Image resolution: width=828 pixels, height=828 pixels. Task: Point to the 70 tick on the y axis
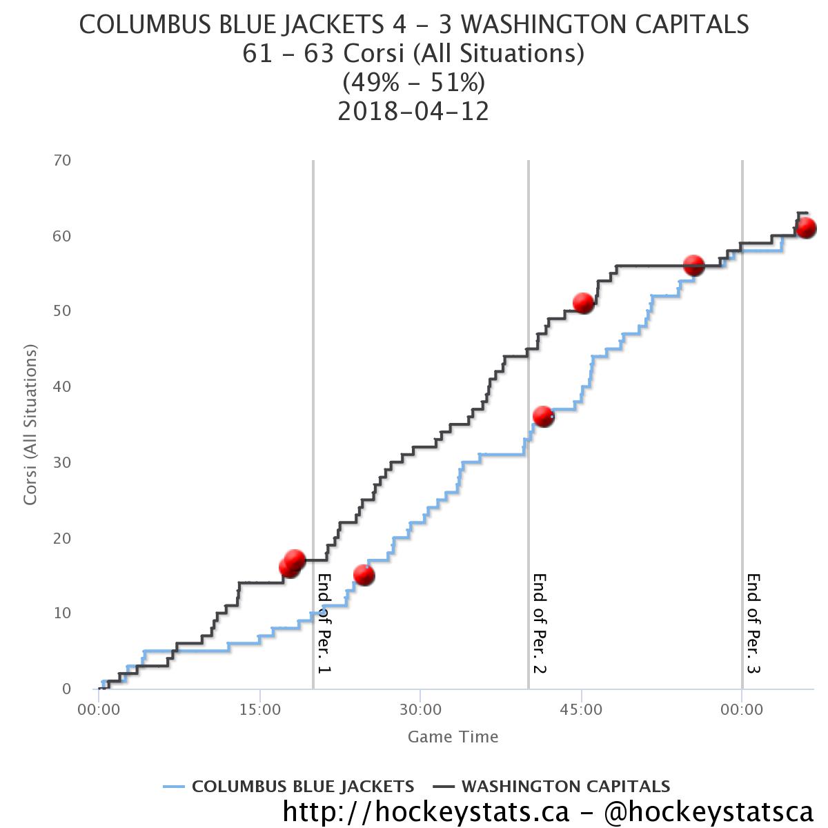coord(62,160)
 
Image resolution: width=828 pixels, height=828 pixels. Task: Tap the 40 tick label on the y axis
coord(62,386)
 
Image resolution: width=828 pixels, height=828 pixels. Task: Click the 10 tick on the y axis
coord(62,613)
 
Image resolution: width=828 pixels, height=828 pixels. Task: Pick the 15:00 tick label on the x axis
coord(259,709)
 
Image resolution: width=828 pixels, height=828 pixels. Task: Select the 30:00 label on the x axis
coord(420,709)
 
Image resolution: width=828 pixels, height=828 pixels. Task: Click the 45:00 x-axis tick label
coord(581,709)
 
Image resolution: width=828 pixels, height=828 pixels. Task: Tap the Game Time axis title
coord(453,737)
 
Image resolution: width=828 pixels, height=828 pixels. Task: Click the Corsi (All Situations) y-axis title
coord(30,425)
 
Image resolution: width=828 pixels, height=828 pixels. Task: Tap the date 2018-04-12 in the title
coord(413,111)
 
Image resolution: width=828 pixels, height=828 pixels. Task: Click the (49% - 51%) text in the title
coord(413,83)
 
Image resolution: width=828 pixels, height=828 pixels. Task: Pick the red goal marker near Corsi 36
coord(544,416)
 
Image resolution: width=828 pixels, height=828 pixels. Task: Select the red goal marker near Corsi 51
coord(584,303)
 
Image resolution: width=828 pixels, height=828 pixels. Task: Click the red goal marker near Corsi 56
coord(693,265)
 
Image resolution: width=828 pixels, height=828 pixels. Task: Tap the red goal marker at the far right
coord(806,227)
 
